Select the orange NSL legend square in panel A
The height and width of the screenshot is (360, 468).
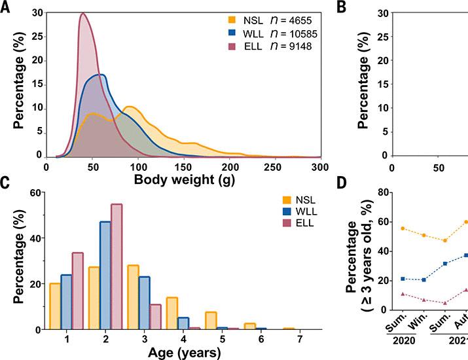click(x=213, y=18)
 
